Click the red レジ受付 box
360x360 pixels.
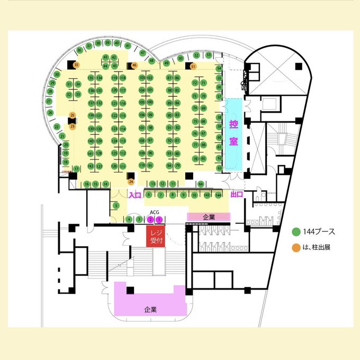[156, 236]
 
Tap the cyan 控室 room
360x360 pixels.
[233, 134]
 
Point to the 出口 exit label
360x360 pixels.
[237, 195]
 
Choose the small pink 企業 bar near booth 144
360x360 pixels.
[209, 217]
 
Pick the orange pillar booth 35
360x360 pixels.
[76, 65]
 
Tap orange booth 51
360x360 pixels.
[193, 66]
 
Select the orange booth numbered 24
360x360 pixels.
[131, 182]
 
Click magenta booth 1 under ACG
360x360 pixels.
[159, 219]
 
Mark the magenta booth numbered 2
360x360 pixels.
[150, 219]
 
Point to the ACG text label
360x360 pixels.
[155, 212]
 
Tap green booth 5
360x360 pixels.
[116, 205]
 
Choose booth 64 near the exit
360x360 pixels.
[201, 184]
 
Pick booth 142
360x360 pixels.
[91, 166]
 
